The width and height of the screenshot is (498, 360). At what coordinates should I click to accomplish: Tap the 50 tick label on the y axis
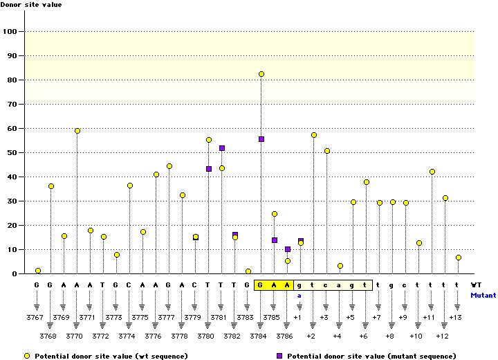[x=12, y=153]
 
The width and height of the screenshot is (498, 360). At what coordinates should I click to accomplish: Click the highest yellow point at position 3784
[x=261, y=74]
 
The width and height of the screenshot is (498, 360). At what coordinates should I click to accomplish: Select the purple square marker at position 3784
[x=261, y=139]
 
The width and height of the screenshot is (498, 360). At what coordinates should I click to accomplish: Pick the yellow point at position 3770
[x=77, y=131]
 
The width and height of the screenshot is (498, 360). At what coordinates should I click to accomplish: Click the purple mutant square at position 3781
[x=222, y=148]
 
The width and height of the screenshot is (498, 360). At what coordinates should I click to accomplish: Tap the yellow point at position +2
[x=314, y=135]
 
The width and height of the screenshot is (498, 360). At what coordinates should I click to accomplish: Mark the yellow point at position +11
[x=432, y=172]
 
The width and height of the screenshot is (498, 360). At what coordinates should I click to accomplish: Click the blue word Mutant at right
[x=483, y=295]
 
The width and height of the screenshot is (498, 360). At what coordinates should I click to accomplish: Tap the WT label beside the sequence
[x=476, y=285]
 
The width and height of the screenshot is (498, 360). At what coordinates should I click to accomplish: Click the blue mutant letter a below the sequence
[x=300, y=295]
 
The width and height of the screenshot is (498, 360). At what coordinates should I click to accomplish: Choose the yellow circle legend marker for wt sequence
[x=27, y=355]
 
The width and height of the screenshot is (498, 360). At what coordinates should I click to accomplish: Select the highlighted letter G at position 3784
[x=261, y=285]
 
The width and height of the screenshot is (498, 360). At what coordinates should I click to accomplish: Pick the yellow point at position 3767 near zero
[x=38, y=271]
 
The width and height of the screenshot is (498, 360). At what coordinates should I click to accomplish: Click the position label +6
[x=363, y=336]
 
